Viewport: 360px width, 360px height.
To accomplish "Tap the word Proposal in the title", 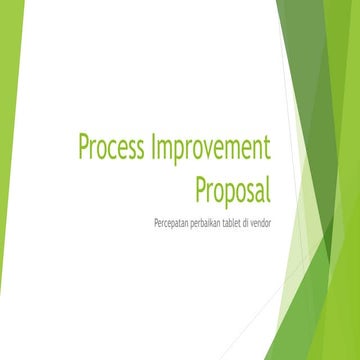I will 231,186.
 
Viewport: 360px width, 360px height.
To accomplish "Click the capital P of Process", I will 84,149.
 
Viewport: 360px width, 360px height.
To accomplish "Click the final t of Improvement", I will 267,150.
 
